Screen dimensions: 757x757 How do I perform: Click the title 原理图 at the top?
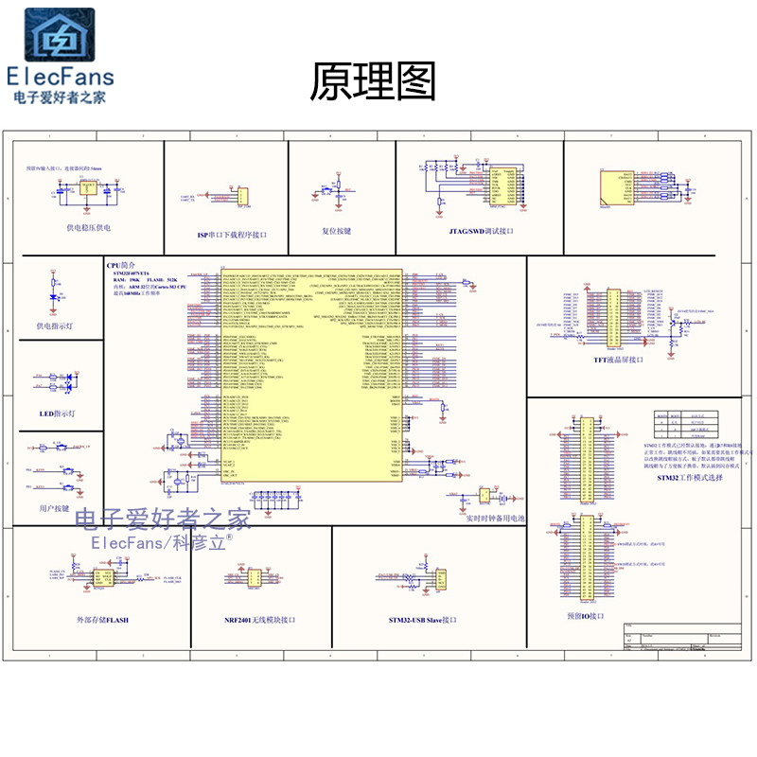pos(373,83)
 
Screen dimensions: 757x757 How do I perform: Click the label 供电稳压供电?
pos(88,228)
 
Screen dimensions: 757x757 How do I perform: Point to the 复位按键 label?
pos(336,230)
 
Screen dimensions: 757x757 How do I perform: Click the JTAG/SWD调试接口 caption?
pos(480,230)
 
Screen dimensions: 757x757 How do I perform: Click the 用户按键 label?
pos(55,508)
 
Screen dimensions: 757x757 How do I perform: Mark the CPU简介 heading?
pos(128,267)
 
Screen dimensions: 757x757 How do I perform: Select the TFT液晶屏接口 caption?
pos(617,360)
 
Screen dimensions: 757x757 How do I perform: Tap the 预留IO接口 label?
pos(586,616)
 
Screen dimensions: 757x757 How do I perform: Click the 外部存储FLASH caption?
pos(102,620)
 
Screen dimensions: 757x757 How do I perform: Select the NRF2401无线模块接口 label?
pos(260,620)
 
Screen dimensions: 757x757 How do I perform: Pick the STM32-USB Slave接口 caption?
pos(422,620)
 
